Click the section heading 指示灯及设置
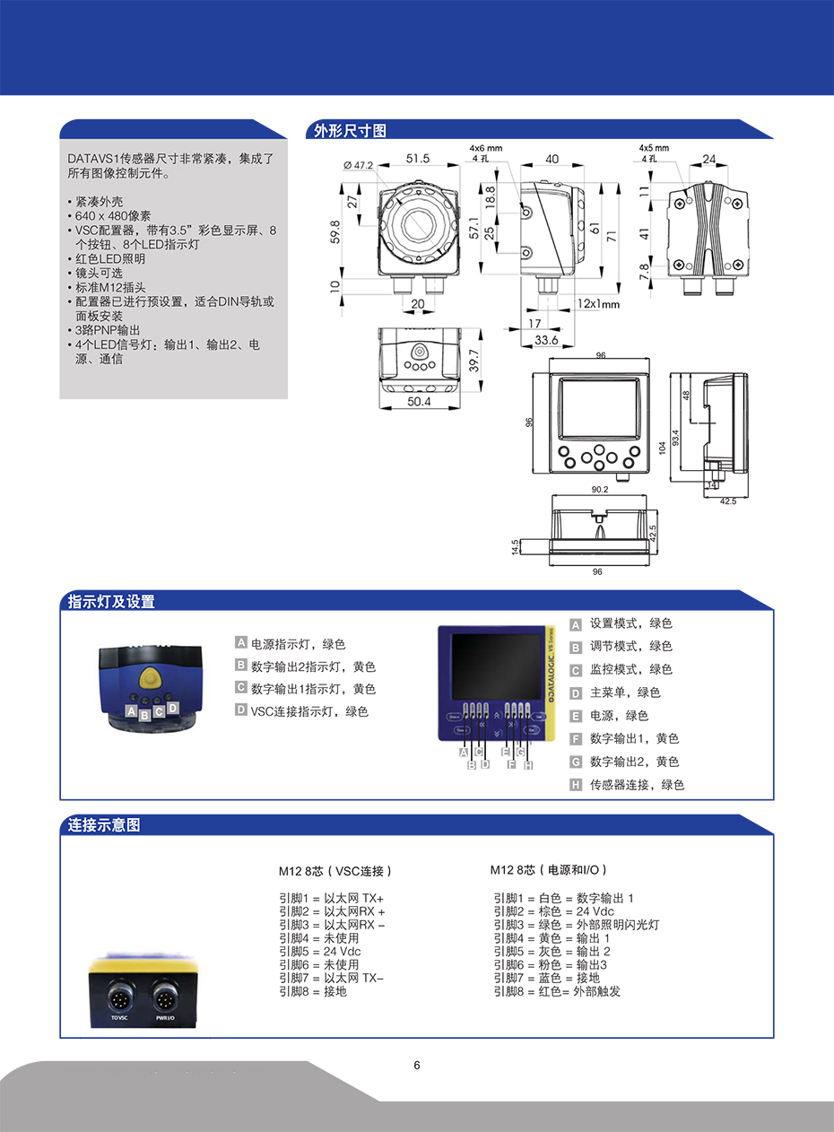pos(111,602)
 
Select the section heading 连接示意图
pos(104,825)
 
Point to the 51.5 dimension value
pos(417,159)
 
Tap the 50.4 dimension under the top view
pos(419,403)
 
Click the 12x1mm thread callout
pos(598,304)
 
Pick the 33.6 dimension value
pos(546,340)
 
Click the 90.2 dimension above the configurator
pos(599,490)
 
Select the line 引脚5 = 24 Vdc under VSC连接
pos(320,951)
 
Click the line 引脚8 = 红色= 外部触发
pos(556,991)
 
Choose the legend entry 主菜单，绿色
pos(624,692)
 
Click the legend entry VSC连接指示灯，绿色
pos(308,711)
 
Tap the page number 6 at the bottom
pos(417,1066)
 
